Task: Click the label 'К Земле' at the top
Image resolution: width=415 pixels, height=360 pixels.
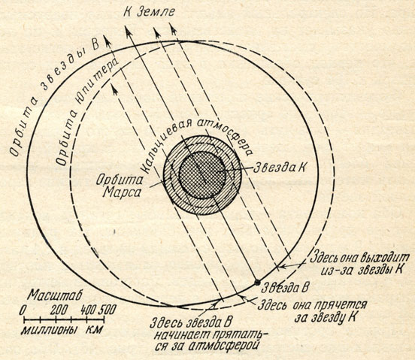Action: pos(150,11)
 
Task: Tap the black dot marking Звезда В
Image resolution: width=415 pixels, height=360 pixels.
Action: pos(256,283)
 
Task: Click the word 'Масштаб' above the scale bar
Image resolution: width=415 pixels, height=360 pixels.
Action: pos(55,295)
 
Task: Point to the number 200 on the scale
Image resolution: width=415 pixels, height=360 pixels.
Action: pos(59,310)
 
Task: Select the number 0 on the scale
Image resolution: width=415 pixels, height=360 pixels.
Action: pos(23,310)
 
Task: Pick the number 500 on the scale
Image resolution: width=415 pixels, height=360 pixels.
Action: pos(108,310)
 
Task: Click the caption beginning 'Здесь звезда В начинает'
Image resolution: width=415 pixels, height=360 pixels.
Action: pos(204,334)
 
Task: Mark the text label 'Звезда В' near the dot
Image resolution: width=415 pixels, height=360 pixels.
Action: pos(285,288)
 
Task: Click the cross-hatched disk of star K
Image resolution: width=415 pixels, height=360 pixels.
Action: pos(202,175)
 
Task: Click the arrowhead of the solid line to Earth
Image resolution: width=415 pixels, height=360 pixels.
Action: pos(129,32)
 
